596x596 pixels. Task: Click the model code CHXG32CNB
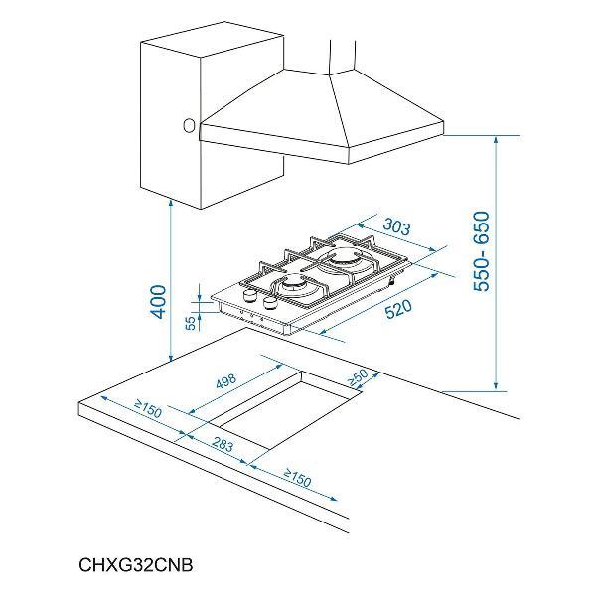[x=136, y=565]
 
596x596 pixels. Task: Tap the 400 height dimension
[x=158, y=302]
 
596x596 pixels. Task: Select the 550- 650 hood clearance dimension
[x=481, y=251]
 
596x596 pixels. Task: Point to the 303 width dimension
[x=396, y=226]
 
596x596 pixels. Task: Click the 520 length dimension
[x=398, y=309]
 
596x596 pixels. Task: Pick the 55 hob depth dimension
[x=191, y=323]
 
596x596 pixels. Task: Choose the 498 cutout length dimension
[x=226, y=381]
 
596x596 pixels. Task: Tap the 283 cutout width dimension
[x=223, y=444]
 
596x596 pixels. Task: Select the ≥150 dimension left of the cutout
[x=148, y=409]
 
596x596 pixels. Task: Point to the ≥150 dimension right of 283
[x=297, y=478]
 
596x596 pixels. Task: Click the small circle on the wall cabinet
[x=189, y=126]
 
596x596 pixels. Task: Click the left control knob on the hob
[x=249, y=294]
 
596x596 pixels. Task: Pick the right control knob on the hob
[x=270, y=302]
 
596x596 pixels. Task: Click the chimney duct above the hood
[x=343, y=57]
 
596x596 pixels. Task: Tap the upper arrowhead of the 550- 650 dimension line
[x=496, y=141]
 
